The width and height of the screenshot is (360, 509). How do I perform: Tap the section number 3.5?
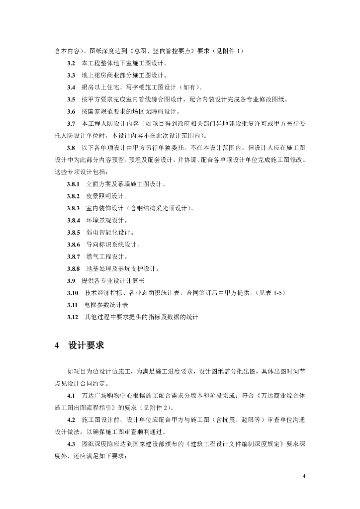(71, 99)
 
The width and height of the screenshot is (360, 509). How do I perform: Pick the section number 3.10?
(73, 292)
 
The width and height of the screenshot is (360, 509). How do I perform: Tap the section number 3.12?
(73, 317)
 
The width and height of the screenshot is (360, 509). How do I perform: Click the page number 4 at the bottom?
(304, 476)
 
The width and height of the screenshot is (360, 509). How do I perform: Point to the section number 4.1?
(71, 396)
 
